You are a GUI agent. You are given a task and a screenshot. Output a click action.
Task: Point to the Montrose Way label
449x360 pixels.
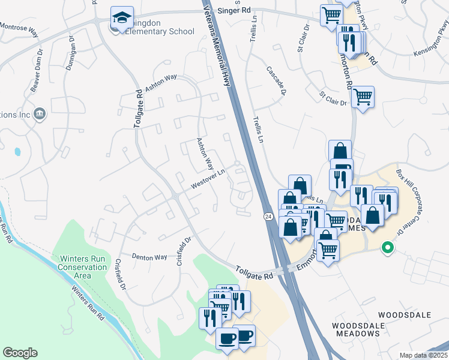[x=20, y=31]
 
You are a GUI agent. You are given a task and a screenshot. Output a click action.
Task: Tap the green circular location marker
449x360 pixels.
[x=388, y=247]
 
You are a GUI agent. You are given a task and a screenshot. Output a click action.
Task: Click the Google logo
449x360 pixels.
[x=20, y=353]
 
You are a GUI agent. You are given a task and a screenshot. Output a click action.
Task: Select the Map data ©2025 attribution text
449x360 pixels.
[x=423, y=355]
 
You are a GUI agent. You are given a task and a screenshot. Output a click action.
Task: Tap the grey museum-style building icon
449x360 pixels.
[x=40, y=114]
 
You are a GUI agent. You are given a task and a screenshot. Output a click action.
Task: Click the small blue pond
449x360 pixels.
[x=16, y=152]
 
